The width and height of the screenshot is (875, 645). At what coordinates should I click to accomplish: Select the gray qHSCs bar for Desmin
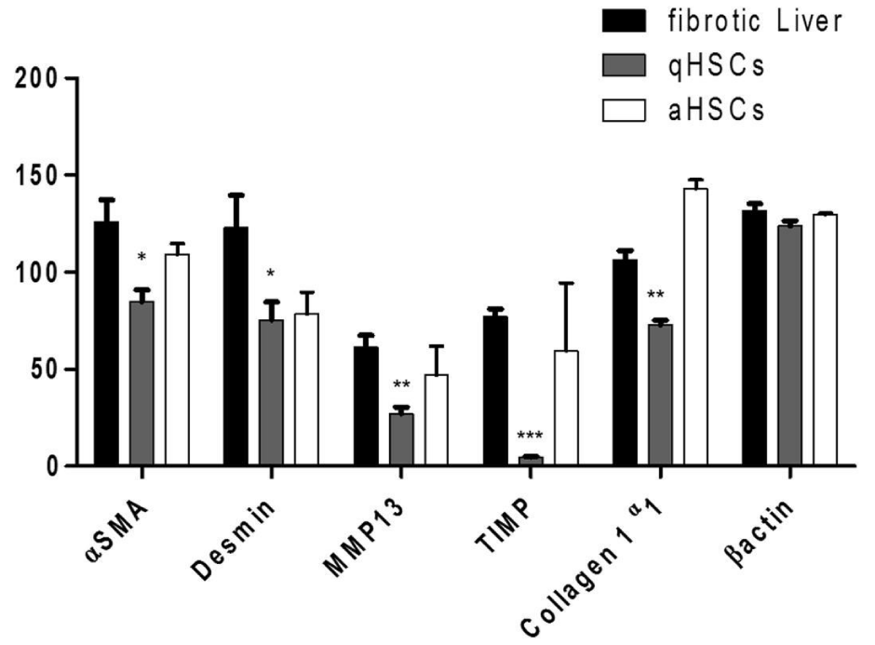[271, 392]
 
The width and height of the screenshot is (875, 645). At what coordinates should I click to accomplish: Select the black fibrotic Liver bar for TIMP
[495, 390]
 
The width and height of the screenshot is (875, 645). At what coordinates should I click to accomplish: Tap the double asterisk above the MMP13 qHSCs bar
[400, 385]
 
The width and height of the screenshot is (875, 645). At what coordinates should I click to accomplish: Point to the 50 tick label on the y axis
[45, 370]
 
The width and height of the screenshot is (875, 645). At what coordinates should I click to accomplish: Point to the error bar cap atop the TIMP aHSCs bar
[566, 283]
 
